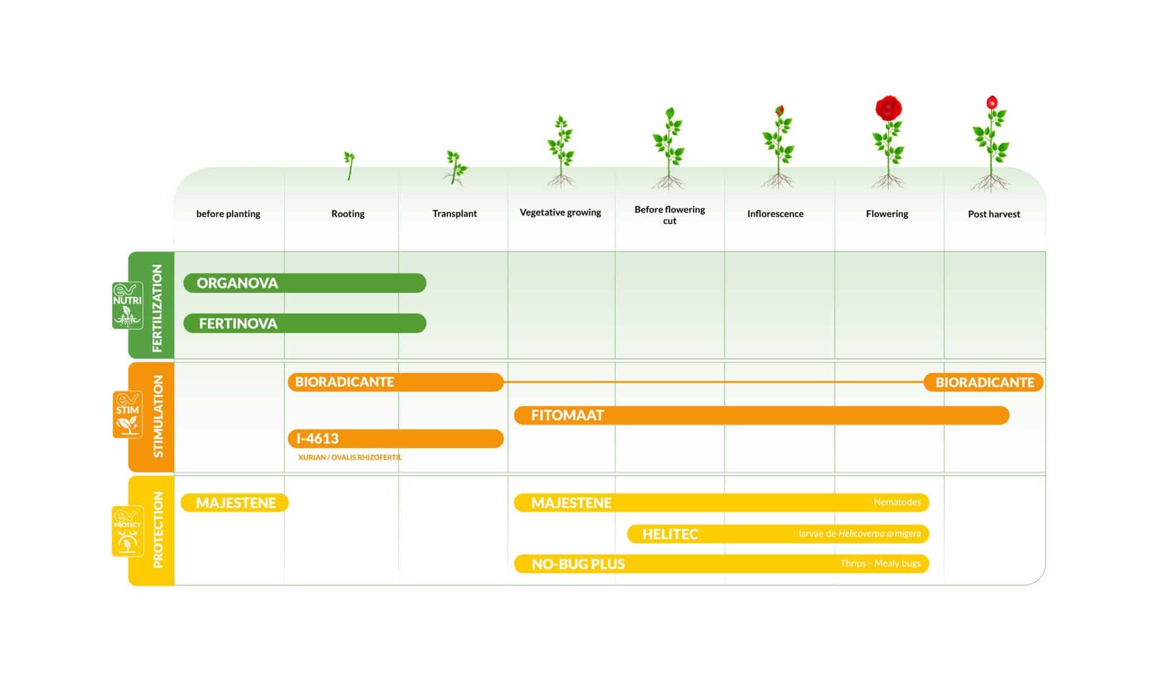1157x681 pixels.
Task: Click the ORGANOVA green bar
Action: [305, 283]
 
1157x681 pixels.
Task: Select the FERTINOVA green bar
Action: [305, 323]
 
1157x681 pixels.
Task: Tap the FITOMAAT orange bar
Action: [762, 415]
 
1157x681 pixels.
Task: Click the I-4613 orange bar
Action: [395, 439]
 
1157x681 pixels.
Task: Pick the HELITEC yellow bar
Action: [778, 534]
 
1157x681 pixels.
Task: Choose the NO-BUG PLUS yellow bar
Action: [721, 564]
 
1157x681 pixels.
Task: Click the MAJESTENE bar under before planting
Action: [234, 503]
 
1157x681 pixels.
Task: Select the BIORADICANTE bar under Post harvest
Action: [984, 383]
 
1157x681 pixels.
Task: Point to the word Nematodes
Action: [897, 502]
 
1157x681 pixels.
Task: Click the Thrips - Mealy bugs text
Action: [880, 563]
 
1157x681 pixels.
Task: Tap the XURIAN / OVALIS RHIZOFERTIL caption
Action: [350, 457]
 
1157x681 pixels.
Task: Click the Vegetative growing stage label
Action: [560, 212]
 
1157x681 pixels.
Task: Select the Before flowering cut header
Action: [669, 215]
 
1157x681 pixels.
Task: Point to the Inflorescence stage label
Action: [775, 214]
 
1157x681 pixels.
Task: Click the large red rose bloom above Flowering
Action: [889, 107]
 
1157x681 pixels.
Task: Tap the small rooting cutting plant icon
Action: [349, 166]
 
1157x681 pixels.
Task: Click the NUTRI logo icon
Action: [128, 306]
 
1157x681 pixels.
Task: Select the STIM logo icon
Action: [128, 415]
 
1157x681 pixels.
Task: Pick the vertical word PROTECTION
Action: [158, 530]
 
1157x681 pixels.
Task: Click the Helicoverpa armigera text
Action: [880, 533]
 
